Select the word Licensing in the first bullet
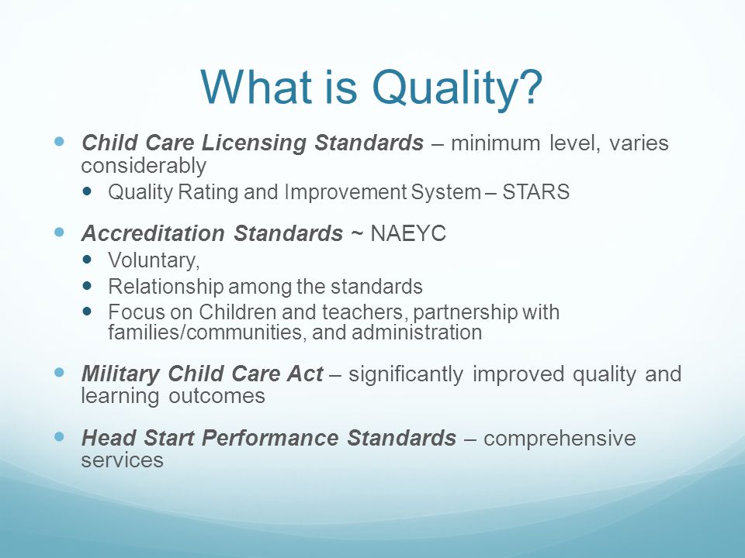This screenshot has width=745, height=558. (253, 143)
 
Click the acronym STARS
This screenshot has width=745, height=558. (535, 192)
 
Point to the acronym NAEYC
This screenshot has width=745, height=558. (407, 233)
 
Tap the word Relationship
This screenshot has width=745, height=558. (166, 287)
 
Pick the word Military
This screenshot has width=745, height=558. (121, 374)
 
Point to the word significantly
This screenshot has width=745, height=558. (405, 374)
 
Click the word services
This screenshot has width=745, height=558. (122, 460)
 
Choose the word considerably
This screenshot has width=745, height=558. (144, 166)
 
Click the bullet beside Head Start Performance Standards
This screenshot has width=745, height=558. (60, 436)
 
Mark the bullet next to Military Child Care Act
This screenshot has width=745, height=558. (60, 373)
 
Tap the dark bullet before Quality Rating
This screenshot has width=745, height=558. (87, 191)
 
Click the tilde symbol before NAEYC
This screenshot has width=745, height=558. (356, 234)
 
